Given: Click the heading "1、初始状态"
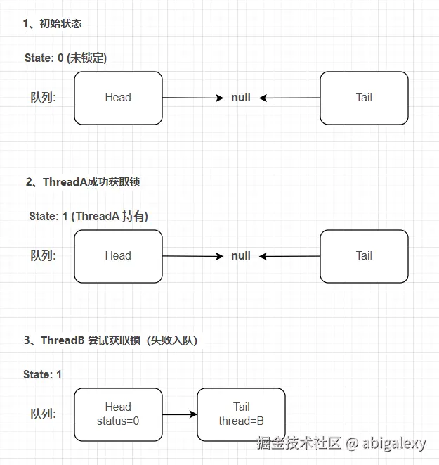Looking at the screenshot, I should [53, 23].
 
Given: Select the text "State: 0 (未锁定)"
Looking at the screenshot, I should [65, 58].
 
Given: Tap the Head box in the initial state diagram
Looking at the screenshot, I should [118, 98].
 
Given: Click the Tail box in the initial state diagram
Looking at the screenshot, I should [364, 98].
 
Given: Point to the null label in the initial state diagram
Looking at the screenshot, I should [241, 98].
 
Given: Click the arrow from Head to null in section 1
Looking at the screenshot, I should [193, 98].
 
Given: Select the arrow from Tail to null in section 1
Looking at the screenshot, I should [289, 98].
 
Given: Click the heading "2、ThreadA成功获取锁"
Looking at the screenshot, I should [83, 181].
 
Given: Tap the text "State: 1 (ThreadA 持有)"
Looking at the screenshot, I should [89, 216].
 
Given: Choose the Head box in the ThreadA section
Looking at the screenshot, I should [118, 256].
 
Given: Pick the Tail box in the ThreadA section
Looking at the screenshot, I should [364, 256].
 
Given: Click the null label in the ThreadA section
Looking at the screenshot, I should [241, 256].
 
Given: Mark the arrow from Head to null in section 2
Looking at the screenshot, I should [193, 256].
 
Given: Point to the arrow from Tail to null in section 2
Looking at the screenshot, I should [289, 256].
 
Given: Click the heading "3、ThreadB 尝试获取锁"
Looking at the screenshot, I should [110, 340].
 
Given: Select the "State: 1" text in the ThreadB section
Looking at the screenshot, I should [42, 374].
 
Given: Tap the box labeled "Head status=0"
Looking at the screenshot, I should [118, 414].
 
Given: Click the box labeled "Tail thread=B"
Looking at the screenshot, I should [241, 414].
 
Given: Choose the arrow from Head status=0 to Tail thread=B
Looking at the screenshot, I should [180, 414].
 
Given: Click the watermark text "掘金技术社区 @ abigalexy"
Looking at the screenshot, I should [341, 443].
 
